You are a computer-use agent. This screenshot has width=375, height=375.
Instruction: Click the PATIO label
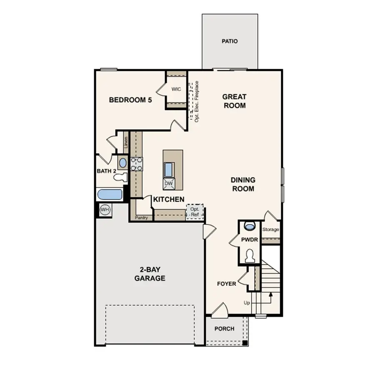(x=230, y=41)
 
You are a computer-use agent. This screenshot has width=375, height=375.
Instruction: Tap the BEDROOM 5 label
(x=130, y=100)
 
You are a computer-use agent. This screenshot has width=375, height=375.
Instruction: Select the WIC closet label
(x=176, y=89)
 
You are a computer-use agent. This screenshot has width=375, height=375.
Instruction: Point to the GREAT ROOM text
(x=234, y=101)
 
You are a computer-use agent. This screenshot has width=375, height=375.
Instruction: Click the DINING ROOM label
(x=243, y=184)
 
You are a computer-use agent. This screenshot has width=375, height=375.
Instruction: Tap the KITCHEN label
(x=169, y=200)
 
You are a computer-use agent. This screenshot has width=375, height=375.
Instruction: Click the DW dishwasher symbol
(x=169, y=183)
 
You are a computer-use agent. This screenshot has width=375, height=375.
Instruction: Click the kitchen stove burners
(x=137, y=164)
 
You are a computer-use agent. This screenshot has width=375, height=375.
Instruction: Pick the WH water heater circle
(x=105, y=210)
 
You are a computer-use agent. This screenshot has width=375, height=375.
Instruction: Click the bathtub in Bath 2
(x=110, y=195)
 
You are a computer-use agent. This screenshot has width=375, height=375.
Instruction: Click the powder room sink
(x=250, y=227)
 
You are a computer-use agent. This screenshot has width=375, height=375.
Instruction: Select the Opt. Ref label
(x=195, y=212)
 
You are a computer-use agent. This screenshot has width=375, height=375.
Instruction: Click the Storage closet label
(x=270, y=230)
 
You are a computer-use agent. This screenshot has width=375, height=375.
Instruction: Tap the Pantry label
(x=142, y=217)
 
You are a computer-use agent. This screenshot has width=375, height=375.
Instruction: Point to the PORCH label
(x=224, y=328)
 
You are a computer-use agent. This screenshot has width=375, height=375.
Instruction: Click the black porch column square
(x=245, y=343)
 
